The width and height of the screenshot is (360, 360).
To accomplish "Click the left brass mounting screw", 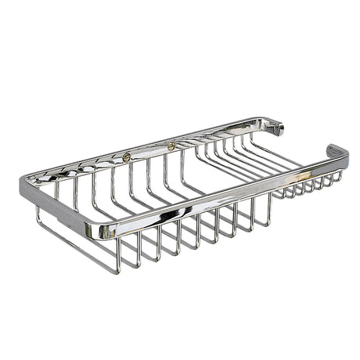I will click(126, 157).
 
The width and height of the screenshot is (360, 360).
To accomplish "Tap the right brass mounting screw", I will click(171, 146).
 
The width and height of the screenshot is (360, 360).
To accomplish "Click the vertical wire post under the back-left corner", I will click(38, 213).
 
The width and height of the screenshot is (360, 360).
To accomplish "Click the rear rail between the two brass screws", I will click(149, 150).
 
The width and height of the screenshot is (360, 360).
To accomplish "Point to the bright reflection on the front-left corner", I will click(94, 230).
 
